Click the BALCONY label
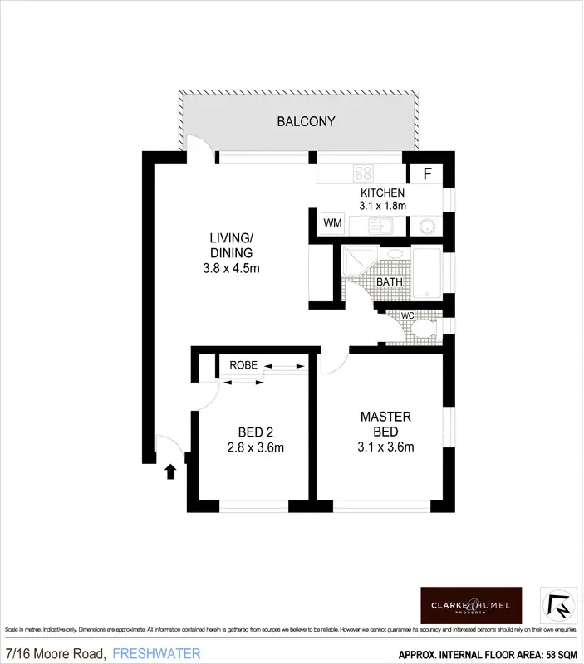point(306,121)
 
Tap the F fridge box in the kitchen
point(428,174)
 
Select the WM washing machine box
point(332,223)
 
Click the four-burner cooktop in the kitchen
point(364,173)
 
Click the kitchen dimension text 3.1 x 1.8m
point(382,206)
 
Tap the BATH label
point(390,281)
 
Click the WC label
point(408,316)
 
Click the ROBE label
point(243,364)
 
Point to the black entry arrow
point(170,471)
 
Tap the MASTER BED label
point(385,424)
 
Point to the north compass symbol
point(555,604)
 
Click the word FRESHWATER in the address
point(156,653)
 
